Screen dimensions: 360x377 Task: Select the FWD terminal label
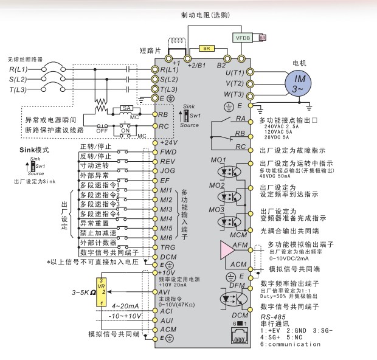[168, 151]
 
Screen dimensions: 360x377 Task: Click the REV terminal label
[168, 161]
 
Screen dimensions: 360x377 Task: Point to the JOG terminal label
[168, 171]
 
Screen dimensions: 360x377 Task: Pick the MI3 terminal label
[167, 209]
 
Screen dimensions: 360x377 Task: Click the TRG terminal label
[168, 247]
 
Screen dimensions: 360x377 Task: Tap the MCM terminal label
[239, 234]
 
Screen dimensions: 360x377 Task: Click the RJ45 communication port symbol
[238, 335]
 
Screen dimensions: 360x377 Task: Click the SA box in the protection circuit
[126, 108]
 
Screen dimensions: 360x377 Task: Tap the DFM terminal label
[237, 285]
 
